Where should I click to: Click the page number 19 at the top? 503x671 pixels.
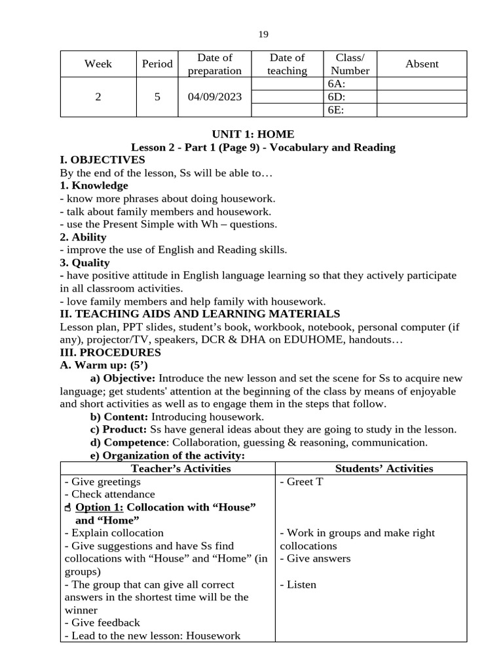(263, 35)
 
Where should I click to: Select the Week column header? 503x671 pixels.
(98, 64)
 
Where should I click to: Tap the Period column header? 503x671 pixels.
(157, 64)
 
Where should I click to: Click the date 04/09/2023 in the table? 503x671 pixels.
(214, 97)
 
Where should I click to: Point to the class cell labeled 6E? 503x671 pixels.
(335, 110)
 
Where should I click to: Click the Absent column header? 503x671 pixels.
(422, 64)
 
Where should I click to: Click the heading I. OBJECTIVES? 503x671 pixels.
(102, 160)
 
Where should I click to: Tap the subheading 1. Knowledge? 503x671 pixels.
(94, 185)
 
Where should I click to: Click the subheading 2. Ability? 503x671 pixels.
(83, 237)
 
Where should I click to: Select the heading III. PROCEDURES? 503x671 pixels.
(110, 353)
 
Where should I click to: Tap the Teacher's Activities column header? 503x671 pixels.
(181, 469)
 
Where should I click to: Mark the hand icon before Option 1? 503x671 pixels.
(69, 508)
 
